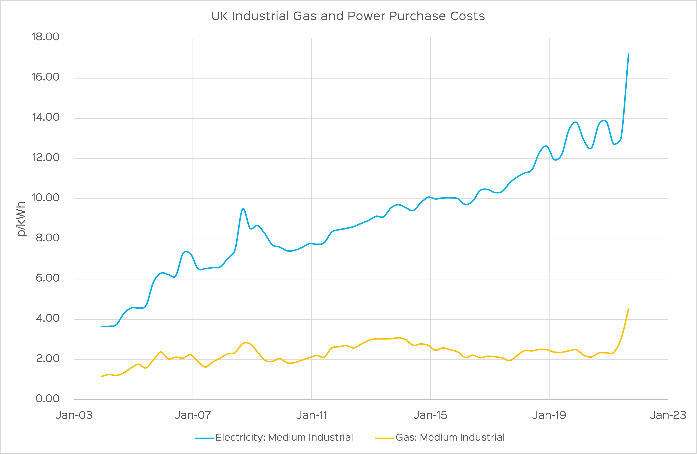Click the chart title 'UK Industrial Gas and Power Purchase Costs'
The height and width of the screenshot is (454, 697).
coord(348,16)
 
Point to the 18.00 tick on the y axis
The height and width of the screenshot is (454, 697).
coord(45,37)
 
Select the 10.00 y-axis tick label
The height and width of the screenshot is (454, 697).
coord(45,198)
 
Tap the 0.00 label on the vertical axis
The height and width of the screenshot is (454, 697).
coord(47,399)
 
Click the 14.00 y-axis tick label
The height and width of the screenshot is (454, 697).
coord(45,117)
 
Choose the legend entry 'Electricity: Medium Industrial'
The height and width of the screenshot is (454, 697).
coord(284,437)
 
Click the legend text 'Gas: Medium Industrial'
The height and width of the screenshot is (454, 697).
coord(450,437)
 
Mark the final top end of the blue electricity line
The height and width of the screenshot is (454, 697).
coord(628,54)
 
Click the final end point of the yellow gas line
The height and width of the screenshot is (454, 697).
coord(628,309)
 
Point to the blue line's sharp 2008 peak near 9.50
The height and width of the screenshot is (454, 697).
coord(243,209)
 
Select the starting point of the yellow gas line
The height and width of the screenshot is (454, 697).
coord(101,376)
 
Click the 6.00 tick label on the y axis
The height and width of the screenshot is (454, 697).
coord(47,278)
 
